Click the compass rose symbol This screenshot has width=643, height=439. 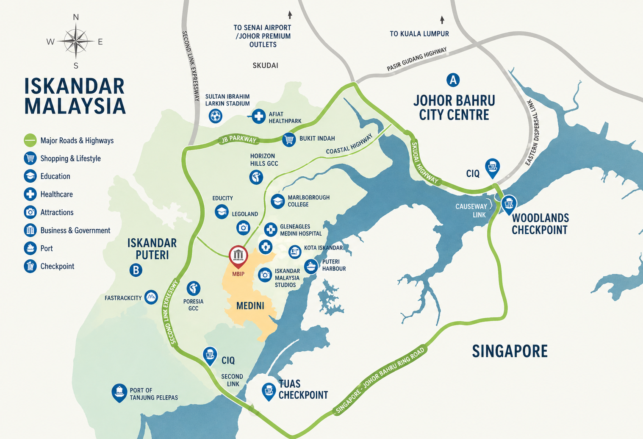(x=76, y=41)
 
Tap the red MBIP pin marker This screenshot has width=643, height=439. (x=238, y=256)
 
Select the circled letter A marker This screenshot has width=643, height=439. (x=453, y=80)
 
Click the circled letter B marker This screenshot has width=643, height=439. (x=136, y=270)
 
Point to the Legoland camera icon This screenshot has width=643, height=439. (x=243, y=228)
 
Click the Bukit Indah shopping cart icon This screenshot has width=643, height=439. (x=289, y=139)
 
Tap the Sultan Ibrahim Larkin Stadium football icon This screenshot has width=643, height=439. (x=216, y=115)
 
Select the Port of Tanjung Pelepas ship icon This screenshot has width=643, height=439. (x=119, y=392)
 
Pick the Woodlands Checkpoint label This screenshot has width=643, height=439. (x=540, y=224)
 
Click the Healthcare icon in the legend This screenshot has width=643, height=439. (x=30, y=194)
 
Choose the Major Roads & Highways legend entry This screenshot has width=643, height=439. (x=69, y=140)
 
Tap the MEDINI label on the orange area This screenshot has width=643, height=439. (x=250, y=306)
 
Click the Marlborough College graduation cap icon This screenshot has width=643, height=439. (x=277, y=201)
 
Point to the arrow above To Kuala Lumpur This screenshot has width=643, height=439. (x=442, y=20)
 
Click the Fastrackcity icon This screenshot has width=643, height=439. (x=151, y=297)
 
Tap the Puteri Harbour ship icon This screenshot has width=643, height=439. (x=311, y=266)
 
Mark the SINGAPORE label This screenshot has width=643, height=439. (x=510, y=351)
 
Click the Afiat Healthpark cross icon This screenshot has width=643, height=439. (x=258, y=116)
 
